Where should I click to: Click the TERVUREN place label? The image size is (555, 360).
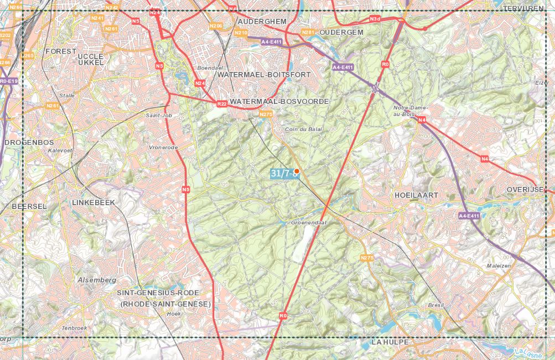coord(524,9)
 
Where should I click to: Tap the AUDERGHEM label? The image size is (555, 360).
coord(262,21)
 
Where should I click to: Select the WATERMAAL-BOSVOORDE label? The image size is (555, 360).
coord(279,102)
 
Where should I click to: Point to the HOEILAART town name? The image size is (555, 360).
coord(416,196)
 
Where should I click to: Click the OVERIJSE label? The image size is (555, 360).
coord(526,189)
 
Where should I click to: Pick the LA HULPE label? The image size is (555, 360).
coord(390,342)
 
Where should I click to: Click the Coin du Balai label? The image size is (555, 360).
coord(303,129)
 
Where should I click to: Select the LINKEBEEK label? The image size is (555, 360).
coord(94,203)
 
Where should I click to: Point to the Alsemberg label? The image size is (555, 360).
coord(97,280)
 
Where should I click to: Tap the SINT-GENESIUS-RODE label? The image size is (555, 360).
coord(157,293)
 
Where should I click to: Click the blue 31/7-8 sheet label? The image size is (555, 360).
coord(282,174)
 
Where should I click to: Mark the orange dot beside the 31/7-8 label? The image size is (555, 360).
coord(297,171)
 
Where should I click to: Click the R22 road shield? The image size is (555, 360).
coord(222,104)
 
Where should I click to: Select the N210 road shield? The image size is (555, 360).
coord(241,33)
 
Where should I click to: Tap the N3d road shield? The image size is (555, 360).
coord(375,19)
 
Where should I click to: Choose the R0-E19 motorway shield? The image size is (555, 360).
coord(9,81)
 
